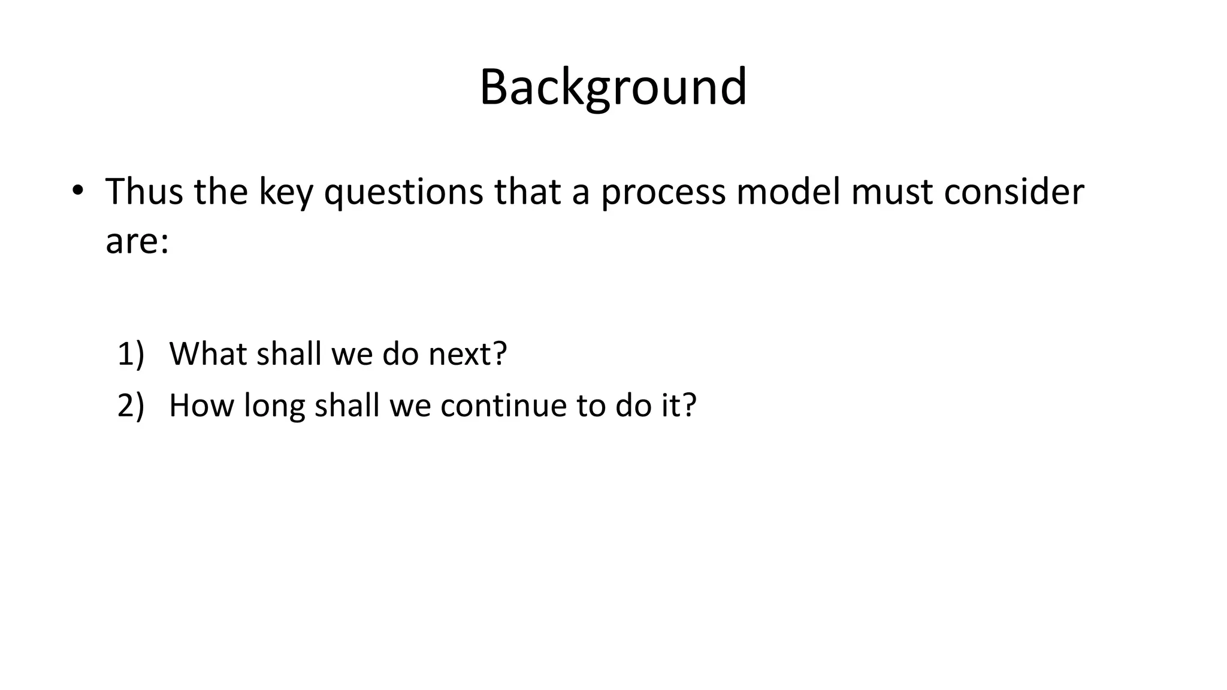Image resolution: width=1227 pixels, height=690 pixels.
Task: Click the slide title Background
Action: (x=613, y=87)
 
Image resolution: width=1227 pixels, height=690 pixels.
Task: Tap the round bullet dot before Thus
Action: (x=77, y=190)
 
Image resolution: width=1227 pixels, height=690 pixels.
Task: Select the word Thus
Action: (x=144, y=192)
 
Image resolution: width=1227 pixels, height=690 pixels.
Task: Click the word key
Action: (x=285, y=193)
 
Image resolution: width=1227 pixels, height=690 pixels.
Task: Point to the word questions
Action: (x=403, y=193)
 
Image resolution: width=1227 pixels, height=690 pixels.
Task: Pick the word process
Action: (x=663, y=193)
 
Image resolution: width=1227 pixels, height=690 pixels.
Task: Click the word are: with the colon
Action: (x=137, y=242)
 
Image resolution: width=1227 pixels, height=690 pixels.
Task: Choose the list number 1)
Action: (x=131, y=354)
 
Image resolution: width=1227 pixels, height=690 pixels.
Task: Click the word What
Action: (x=208, y=353)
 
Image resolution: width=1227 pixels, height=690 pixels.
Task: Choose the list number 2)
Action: (x=131, y=405)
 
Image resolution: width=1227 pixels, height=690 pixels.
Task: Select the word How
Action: (x=202, y=405)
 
